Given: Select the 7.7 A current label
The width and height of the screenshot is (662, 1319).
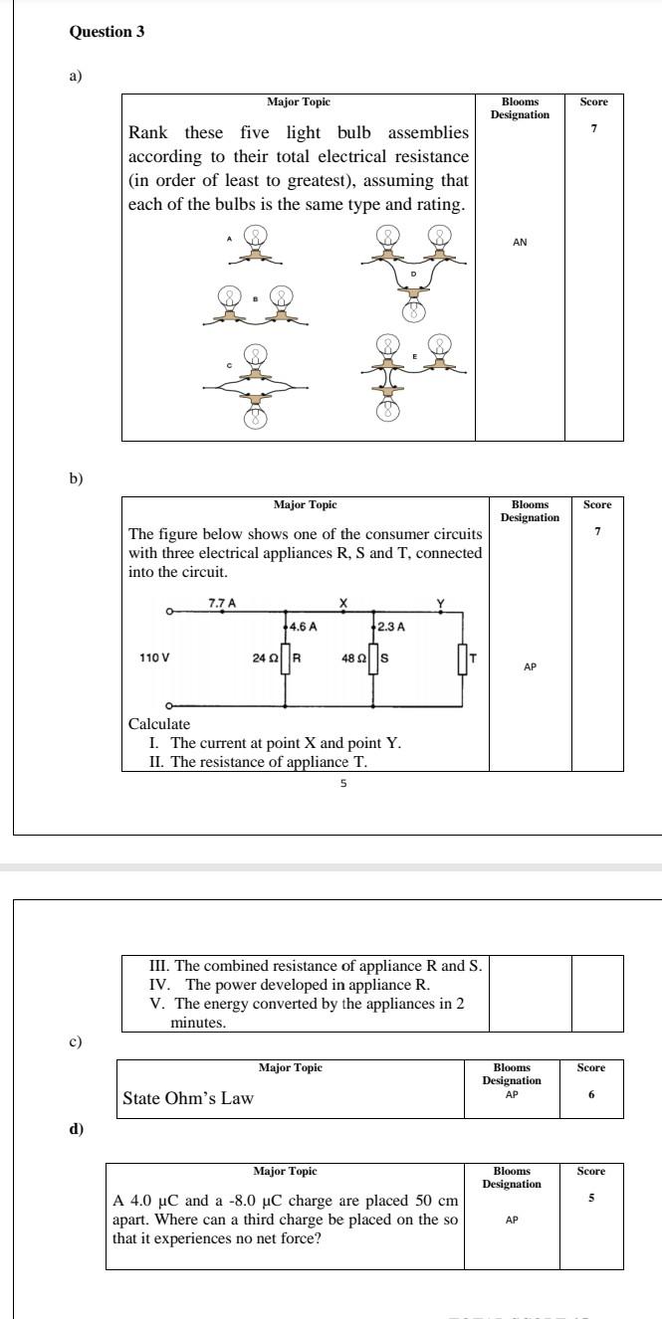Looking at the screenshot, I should point(221,603).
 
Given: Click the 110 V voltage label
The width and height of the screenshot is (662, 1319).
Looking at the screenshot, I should point(153,659).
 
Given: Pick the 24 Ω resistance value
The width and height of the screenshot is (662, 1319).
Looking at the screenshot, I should point(264,659).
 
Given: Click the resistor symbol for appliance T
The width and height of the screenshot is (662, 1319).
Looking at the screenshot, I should point(462,659).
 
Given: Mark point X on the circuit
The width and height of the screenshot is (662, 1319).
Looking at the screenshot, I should point(343,603).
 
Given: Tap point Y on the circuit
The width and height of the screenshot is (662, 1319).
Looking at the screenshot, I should point(440,603).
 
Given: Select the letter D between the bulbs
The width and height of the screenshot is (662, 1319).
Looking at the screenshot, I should point(413,273).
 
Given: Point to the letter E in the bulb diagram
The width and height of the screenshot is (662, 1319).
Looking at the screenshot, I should point(413,356).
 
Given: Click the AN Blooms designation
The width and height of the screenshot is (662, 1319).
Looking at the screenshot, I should point(520,242).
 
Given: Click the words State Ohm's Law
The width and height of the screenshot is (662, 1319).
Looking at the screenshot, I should point(188,1099).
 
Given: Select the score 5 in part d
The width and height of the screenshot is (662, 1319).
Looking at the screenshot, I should point(591,1198).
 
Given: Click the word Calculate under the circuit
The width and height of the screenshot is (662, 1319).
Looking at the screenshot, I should point(159,723).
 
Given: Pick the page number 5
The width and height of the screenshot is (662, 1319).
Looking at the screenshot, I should point(343,784).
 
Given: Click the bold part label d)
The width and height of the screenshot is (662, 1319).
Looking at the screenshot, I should point(77,1129).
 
